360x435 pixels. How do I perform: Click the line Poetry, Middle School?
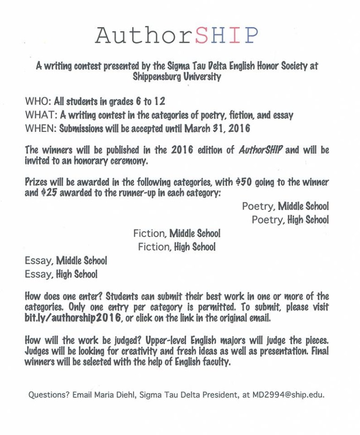[x=285, y=206]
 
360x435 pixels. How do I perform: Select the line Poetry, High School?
[x=290, y=220]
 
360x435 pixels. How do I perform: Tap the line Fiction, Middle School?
[x=177, y=233]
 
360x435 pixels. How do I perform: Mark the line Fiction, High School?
[x=177, y=247]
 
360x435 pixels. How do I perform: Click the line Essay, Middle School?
[x=66, y=260]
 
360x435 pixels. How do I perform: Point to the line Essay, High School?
[x=61, y=274]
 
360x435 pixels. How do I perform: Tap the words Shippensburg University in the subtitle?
[x=177, y=76]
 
